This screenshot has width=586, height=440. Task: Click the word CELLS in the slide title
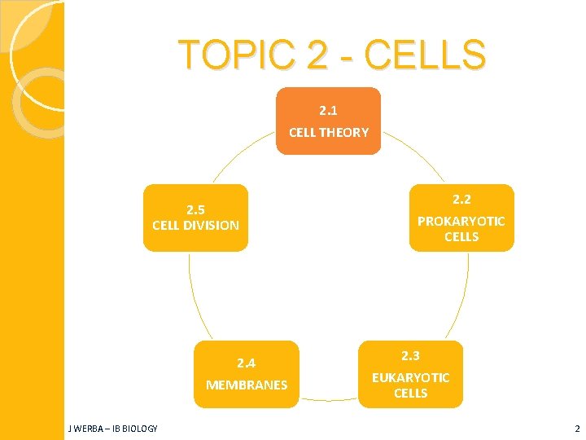pos(425,55)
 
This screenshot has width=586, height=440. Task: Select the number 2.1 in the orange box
pos(329,109)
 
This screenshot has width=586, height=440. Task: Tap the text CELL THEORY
pos(329,132)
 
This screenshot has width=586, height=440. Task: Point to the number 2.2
pos(461,199)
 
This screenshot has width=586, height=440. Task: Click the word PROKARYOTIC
pos(461,221)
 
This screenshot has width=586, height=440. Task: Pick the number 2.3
pos(410,355)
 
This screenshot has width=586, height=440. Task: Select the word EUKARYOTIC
pos(410,377)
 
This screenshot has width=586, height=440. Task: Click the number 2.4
pos(247,363)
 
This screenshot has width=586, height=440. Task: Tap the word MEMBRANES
pos(247,385)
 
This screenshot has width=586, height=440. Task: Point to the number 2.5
pos(195,209)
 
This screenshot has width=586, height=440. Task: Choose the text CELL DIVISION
pos(195,225)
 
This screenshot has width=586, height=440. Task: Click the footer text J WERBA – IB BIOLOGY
pos(113,429)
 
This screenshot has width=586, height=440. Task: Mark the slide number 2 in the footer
pos(577,429)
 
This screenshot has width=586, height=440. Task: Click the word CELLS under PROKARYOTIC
pos(461,237)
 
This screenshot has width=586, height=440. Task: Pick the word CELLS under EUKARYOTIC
pos(410,393)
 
